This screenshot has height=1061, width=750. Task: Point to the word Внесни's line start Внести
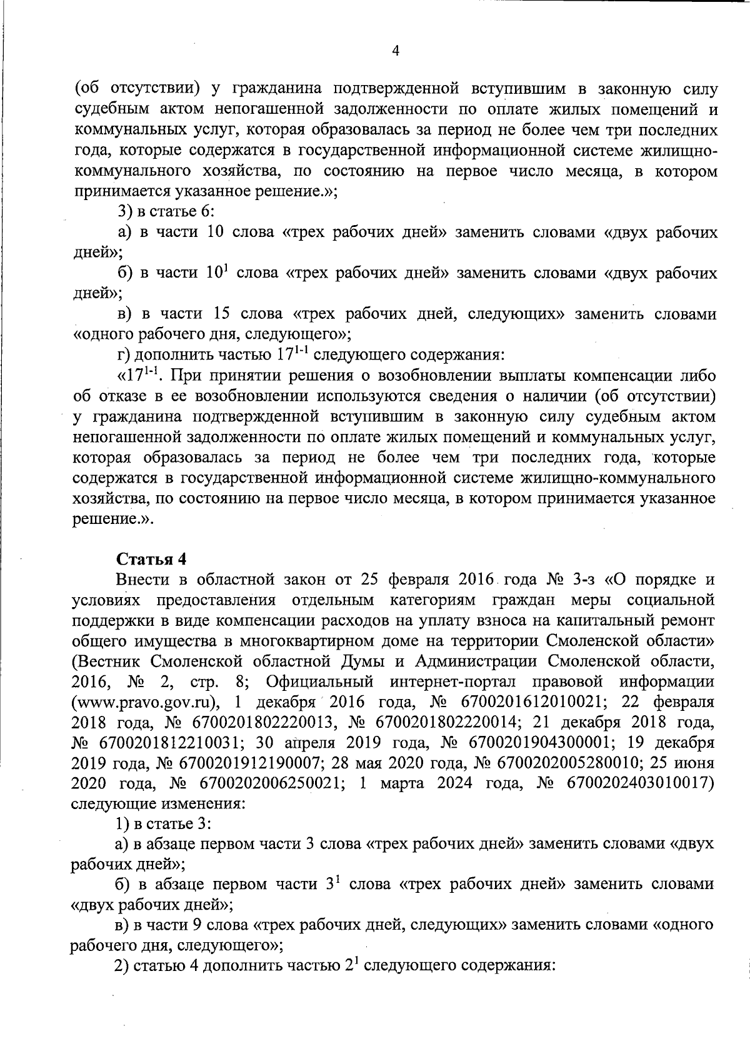[x=139, y=579]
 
